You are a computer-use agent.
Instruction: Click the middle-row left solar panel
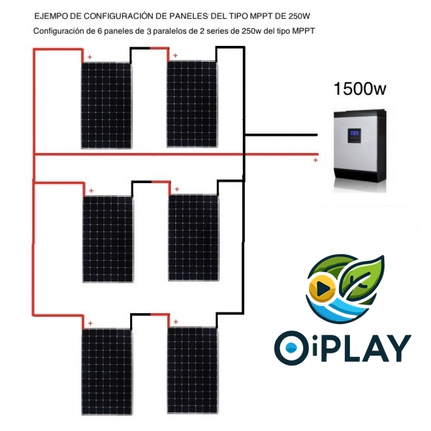pos(107,238)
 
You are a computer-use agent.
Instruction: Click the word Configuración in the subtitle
pos(61,32)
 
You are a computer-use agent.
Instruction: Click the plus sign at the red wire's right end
pos(315,161)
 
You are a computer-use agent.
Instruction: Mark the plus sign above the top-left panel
pos(90,57)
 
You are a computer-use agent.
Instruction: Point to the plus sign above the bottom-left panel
pos(90,324)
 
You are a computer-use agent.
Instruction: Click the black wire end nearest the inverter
pos(316,134)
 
